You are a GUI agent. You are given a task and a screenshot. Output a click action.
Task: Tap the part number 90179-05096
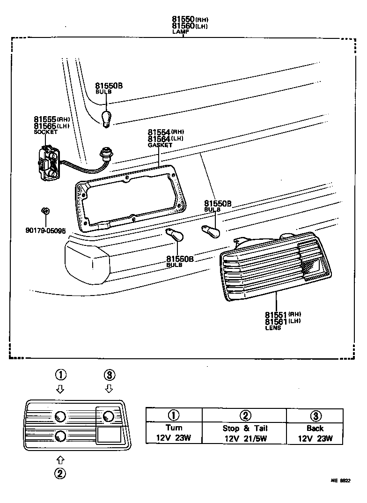(x=45, y=230)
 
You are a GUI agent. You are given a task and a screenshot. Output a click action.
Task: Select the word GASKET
(x=160, y=145)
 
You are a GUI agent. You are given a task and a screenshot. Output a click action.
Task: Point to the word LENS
(x=273, y=328)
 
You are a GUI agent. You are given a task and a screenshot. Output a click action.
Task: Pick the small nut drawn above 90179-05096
(x=45, y=211)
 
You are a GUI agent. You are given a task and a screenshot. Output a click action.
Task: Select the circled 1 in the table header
(x=174, y=415)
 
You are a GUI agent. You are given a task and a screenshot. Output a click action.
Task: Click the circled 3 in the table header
(x=315, y=415)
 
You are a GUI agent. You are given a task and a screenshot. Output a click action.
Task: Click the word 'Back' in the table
(x=315, y=428)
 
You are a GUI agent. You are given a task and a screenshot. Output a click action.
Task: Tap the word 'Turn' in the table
(x=174, y=428)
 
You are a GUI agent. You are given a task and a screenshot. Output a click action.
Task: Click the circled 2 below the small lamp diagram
(x=60, y=473)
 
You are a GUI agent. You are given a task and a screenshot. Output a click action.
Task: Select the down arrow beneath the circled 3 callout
(x=109, y=388)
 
